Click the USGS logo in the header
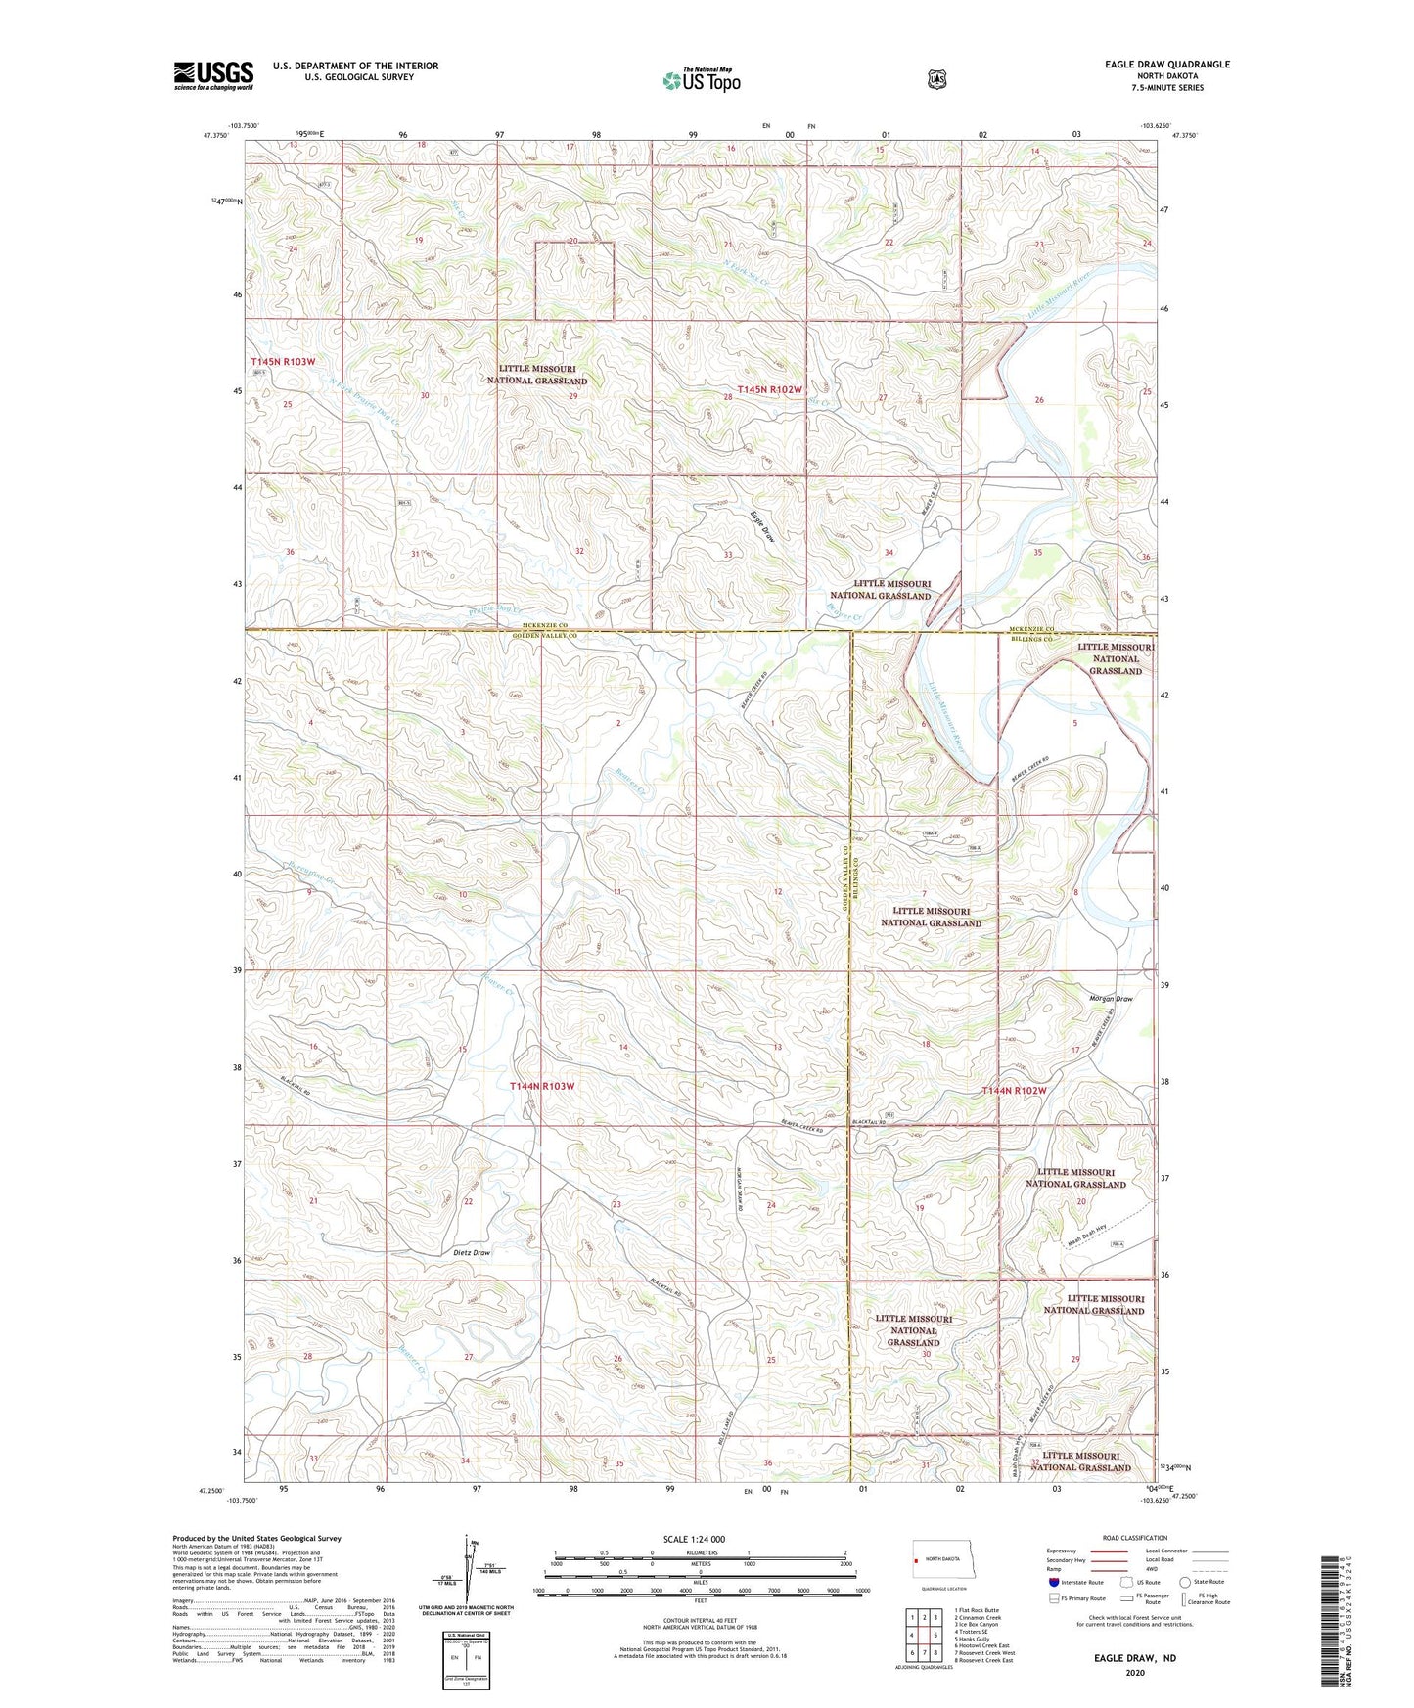(213, 75)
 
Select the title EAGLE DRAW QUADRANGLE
(1152, 65)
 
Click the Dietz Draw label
(472, 1252)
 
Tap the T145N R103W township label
(283, 362)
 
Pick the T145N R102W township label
(770, 389)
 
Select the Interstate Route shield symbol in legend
(1053, 1582)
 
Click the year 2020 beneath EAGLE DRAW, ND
(1135, 1672)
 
